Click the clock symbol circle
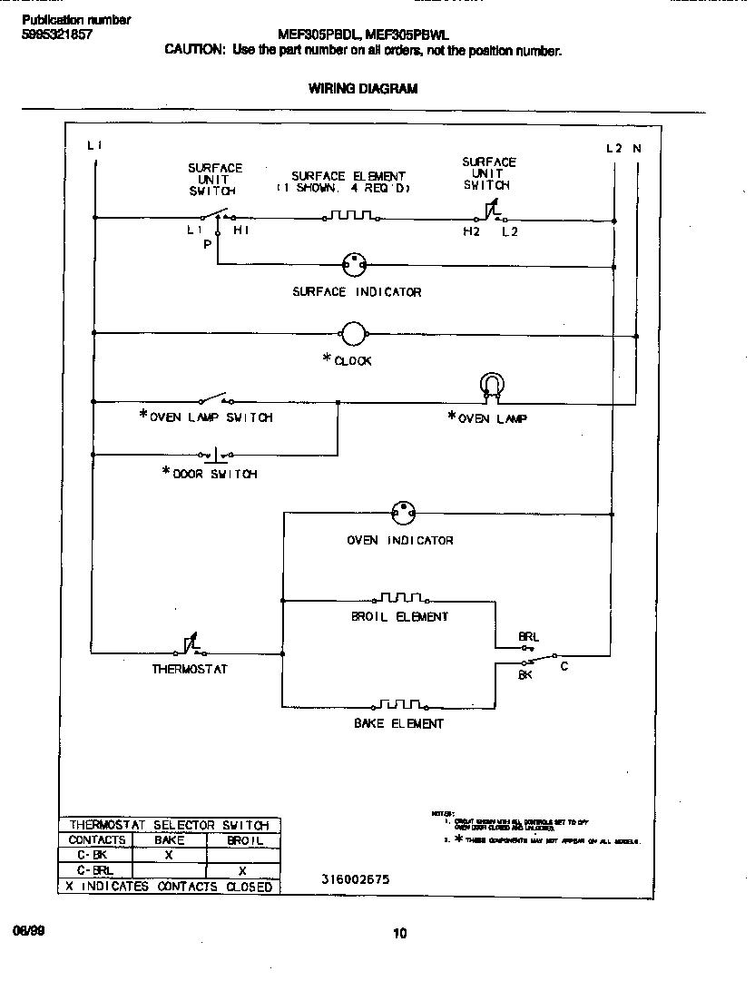tap(352, 333)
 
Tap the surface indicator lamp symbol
tap(354, 265)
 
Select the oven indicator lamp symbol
tap(402, 513)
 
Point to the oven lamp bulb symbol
tap(492, 387)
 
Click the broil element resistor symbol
tap(400, 598)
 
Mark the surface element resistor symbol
tap(350, 217)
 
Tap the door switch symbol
tap(215, 453)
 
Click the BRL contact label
tap(529, 637)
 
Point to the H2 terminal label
tap(471, 232)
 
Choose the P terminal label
tap(207, 245)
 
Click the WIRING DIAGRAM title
tap(363, 89)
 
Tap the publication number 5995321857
tap(56, 34)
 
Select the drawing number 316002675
tap(354, 879)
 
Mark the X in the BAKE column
tap(169, 855)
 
